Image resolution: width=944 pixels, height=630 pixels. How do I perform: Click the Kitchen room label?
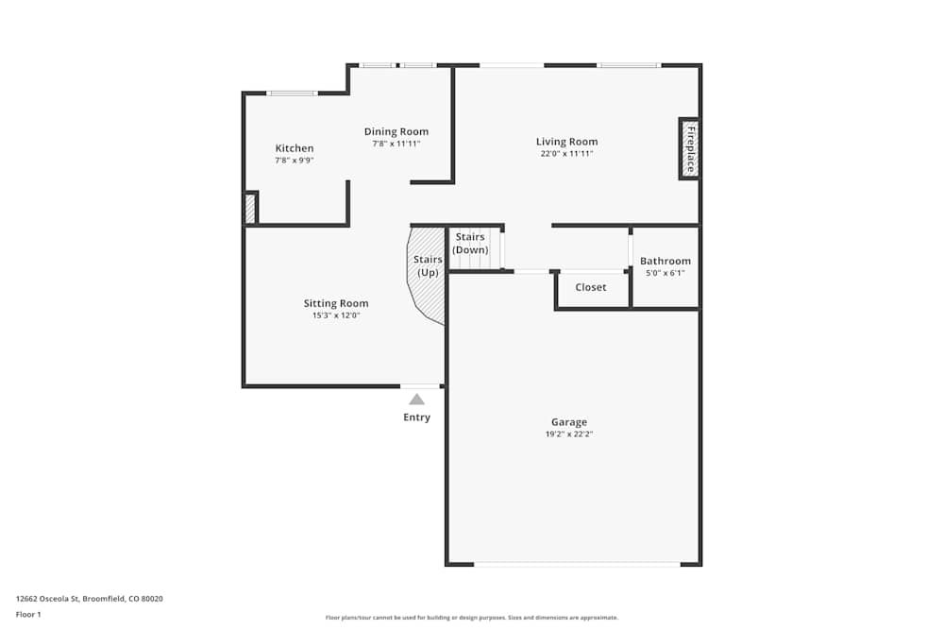point(294,148)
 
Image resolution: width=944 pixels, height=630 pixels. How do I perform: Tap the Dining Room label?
point(396,131)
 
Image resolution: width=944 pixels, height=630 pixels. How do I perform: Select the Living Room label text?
point(566,142)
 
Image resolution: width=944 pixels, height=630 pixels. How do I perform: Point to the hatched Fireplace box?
point(688,148)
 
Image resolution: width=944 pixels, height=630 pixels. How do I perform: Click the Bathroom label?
point(665,261)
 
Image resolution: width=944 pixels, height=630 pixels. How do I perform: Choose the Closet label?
point(591,287)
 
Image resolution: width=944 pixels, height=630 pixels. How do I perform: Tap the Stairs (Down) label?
point(470,243)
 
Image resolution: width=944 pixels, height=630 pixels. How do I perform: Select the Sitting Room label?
point(335,303)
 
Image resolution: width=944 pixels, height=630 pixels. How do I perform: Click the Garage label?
point(569,422)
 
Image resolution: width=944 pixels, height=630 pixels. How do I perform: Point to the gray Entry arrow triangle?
point(416,400)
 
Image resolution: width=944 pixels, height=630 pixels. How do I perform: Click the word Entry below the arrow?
point(416,417)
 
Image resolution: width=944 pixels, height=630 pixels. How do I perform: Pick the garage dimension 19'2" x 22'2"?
point(569,434)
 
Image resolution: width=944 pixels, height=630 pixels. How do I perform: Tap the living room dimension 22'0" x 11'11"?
point(566,153)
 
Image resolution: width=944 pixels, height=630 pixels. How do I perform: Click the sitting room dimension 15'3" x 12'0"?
point(335,315)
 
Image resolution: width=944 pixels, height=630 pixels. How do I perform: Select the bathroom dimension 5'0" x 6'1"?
point(665,273)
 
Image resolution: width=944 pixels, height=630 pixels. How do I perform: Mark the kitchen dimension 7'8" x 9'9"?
point(294,161)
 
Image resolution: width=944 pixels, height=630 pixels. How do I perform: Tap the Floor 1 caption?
point(28,614)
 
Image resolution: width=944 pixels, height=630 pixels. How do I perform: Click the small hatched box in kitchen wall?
point(250,208)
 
